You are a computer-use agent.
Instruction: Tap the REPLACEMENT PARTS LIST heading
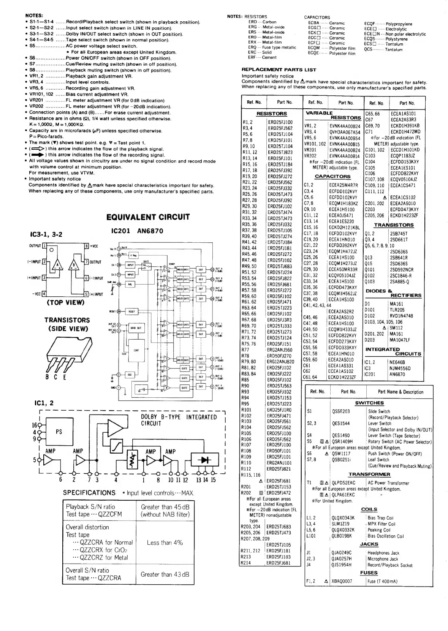(279, 70)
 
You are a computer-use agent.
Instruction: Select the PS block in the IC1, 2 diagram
(59, 432)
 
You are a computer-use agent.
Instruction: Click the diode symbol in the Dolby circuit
(206, 460)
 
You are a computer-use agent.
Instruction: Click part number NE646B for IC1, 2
(397, 362)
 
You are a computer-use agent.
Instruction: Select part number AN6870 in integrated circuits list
(397, 374)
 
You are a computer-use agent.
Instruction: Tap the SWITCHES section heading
(369, 403)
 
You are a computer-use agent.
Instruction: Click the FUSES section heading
(369, 573)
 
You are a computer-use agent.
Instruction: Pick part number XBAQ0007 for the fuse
(342, 581)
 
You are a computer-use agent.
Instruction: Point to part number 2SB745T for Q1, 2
(399, 234)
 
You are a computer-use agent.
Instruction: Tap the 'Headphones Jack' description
(383, 553)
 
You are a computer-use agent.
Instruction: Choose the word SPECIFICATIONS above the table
(89, 493)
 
